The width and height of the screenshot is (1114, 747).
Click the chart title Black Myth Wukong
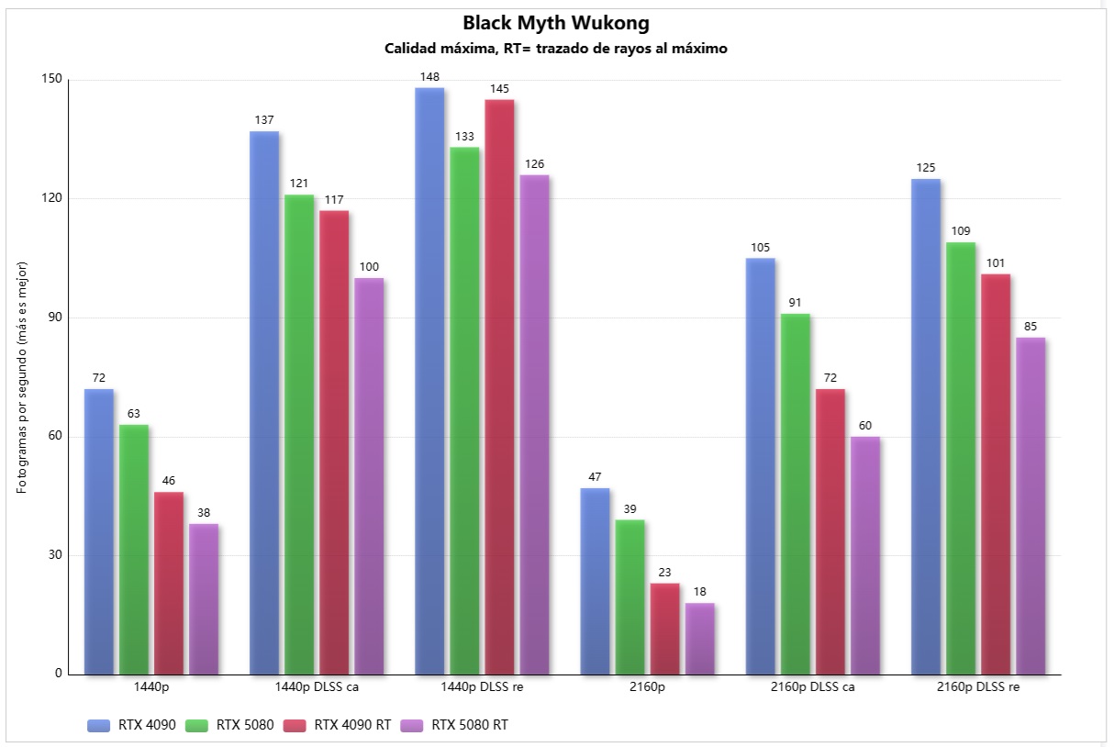(x=556, y=23)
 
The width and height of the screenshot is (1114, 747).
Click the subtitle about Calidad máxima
(x=556, y=49)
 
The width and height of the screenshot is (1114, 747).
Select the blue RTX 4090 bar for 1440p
(x=99, y=532)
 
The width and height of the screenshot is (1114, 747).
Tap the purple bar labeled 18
(x=699, y=639)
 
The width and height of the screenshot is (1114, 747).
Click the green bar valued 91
(x=796, y=495)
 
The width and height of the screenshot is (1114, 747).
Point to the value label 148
(x=429, y=77)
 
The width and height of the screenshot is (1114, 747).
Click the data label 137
(x=264, y=120)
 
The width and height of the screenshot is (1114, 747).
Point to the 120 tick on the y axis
(x=52, y=198)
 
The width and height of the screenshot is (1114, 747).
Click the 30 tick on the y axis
(x=55, y=555)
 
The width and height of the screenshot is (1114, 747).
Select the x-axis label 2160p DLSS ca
(x=812, y=687)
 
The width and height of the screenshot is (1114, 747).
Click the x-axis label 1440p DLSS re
(x=482, y=687)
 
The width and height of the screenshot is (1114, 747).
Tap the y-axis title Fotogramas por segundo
(x=23, y=376)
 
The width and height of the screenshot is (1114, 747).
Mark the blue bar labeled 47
(x=595, y=582)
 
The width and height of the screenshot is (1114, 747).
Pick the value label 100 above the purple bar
(x=369, y=267)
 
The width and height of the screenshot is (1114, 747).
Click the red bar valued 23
(x=664, y=629)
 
